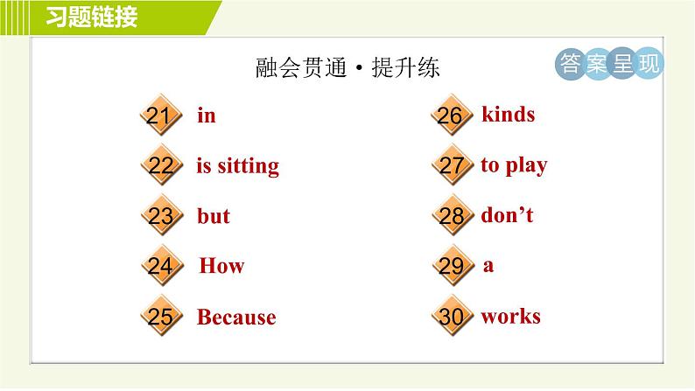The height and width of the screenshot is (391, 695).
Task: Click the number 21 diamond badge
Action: pos(159,116)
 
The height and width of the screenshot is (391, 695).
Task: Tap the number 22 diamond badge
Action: pos(159,166)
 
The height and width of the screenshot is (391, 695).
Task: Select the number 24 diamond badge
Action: pos(159,266)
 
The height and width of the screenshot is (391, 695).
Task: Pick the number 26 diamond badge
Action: pos(451,116)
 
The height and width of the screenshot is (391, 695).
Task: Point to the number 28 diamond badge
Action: pos(451,216)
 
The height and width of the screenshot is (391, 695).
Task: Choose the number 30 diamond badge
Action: pos(451,317)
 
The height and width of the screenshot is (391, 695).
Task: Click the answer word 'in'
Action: pos(207,115)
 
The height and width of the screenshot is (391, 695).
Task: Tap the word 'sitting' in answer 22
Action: pos(248,166)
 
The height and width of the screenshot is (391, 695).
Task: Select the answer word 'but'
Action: pos(214,216)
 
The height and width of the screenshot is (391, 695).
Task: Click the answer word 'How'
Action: pos(221,266)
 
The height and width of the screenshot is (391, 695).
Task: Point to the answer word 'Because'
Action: pos(236,318)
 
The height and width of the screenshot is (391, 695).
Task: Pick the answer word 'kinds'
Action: pos(508,115)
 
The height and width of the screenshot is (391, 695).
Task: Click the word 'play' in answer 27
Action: pos(526,165)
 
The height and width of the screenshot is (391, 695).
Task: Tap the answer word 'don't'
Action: pos(507,215)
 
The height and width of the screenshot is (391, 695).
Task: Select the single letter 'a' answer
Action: pos(488,266)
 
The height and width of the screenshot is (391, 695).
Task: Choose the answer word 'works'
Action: pos(510,317)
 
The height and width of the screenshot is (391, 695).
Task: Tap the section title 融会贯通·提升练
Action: pos(347,69)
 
